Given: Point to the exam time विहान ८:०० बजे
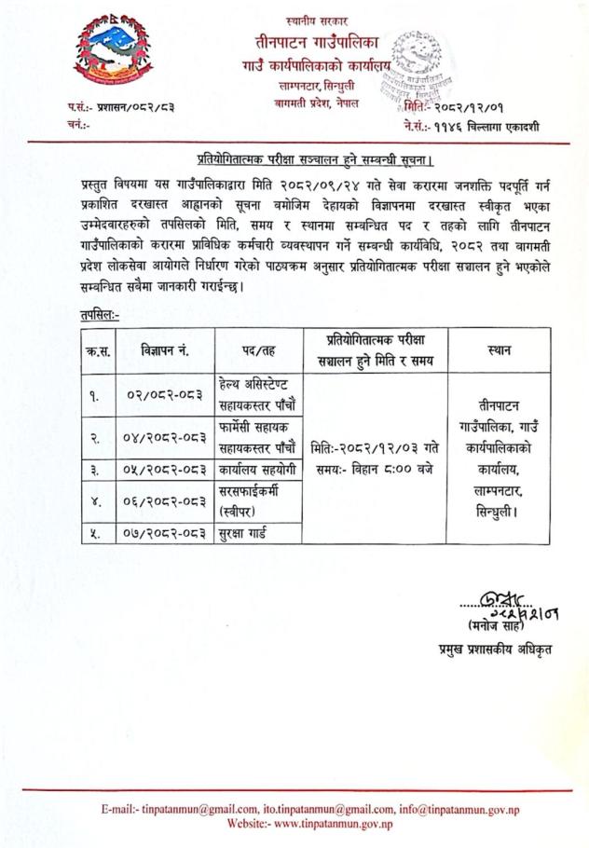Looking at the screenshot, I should click(378, 466).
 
